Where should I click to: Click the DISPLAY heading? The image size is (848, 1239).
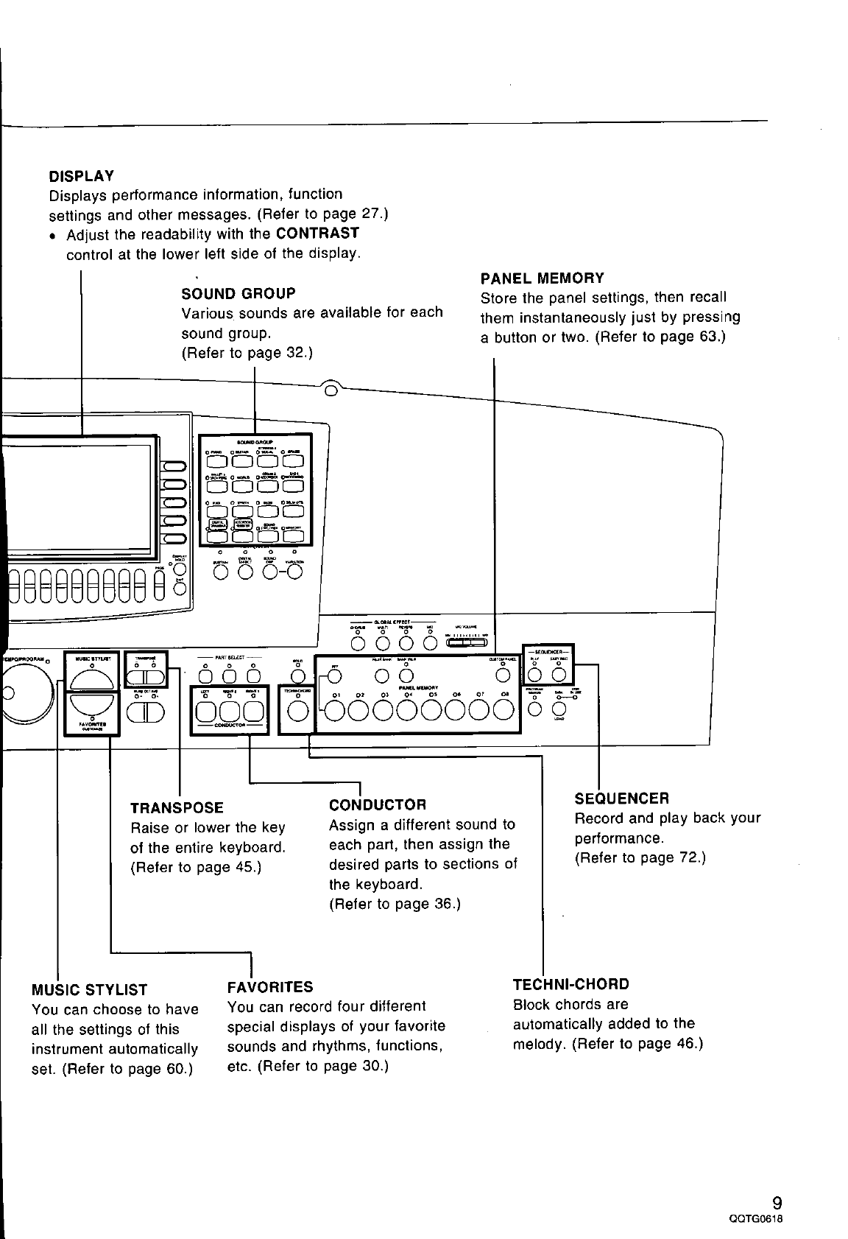coord(81,176)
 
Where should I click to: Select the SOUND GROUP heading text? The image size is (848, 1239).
coord(239,293)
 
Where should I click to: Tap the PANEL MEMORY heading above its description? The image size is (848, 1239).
coord(542,278)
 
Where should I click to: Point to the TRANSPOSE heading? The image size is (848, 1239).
coord(177,808)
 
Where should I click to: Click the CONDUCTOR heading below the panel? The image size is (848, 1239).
coord(378,804)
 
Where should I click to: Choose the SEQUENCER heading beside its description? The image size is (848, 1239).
coord(621,798)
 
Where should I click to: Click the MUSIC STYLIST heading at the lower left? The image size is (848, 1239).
coord(90,989)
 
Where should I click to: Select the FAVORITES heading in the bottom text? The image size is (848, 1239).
coord(270,986)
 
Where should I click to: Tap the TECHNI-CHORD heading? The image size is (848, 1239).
coord(571,984)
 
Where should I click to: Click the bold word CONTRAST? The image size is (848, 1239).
coord(317,234)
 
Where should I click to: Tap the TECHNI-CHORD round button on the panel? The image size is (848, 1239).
coord(298,710)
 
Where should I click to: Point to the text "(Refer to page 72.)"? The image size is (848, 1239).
coord(640,857)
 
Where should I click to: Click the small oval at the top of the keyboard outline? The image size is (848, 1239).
coord(331,388)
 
